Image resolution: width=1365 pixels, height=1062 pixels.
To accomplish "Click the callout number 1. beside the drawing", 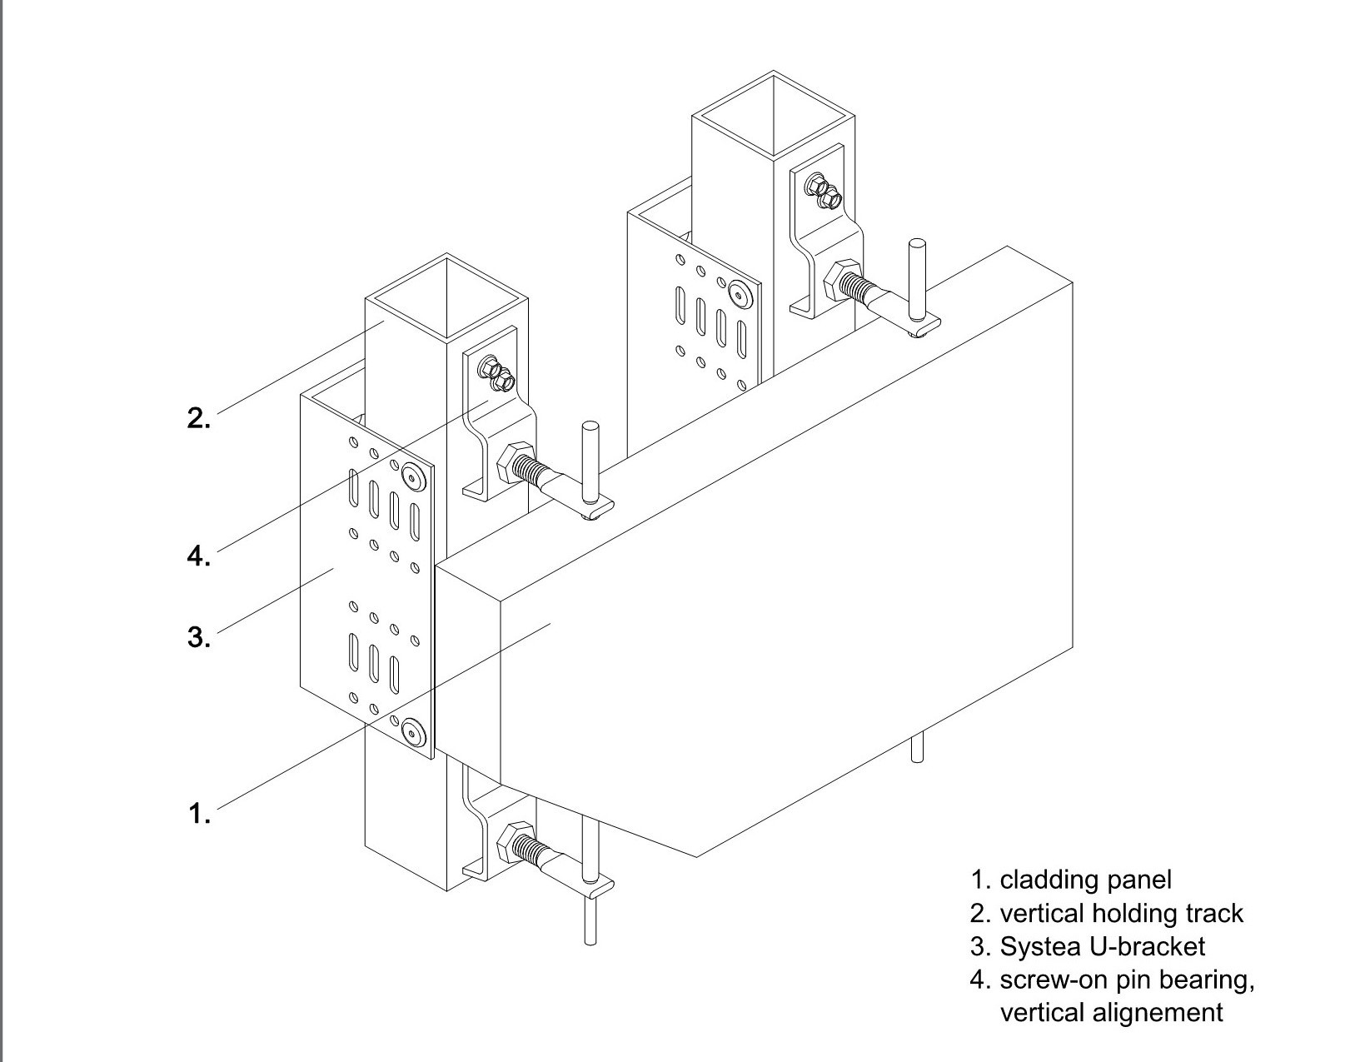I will pyautogui.click(x=199, y=812).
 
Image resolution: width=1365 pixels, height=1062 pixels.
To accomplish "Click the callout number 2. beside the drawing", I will pyautogui.click(x=198, y=417).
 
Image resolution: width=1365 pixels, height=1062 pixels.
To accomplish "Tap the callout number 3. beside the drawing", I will pyautogui.click(x=198, y=637).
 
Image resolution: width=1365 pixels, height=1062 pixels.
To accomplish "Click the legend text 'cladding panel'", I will pyautogui.click(x=1085, y=880).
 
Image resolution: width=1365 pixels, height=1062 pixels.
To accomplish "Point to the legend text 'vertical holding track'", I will pyautogui.click(x=1121, y=914).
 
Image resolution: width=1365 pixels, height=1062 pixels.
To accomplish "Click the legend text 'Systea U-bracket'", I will pyautogui.click(x=1102, y=946).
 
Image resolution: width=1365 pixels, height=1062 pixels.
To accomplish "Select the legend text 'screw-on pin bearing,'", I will pyautogui.click(x=1127, y=980).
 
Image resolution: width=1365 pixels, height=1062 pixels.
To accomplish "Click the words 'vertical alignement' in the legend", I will pyautogui.click(x=1111, y=1013).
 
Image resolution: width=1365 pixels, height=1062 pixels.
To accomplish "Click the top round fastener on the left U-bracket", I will pyautogui.click(x=411, y=477).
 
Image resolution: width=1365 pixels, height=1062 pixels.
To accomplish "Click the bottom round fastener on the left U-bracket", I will pyautogui.click(x=411, y=733).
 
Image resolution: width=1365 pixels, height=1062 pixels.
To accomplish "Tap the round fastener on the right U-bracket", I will pyautogui.click(x=738, y=293).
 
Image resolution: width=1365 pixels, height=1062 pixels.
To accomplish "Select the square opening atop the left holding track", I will pyautogui.click(x=447, y=296).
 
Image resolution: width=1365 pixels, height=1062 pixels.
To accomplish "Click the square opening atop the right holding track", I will pyautogui.click(x=774, y=113).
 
